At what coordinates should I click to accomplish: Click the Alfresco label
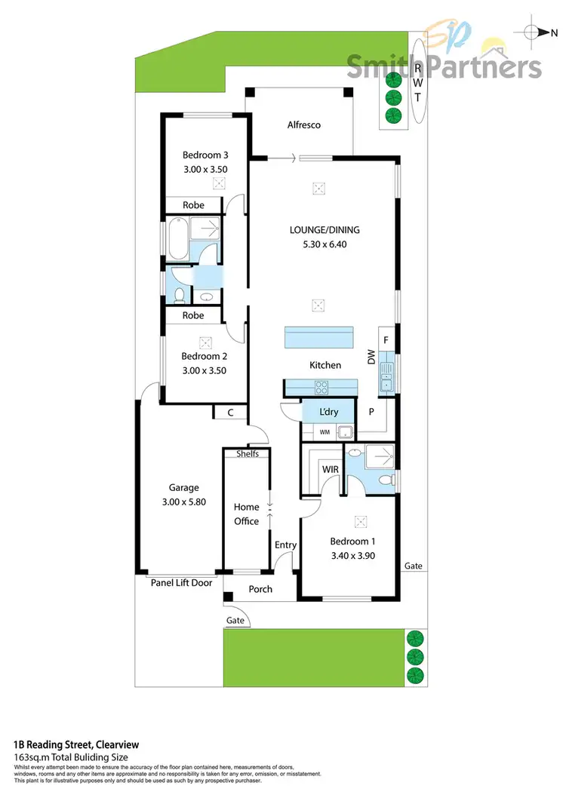coord(304,125)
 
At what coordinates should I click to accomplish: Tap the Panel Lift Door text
coord(181,582)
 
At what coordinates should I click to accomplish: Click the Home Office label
coord(246,514)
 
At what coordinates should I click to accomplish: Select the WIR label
coord(330,469)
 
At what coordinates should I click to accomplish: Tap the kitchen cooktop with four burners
coord(321,388)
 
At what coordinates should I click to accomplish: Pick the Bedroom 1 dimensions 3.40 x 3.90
coord(352,556)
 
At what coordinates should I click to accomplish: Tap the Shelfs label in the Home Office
coord(247,453)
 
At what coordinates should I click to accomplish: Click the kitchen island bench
coord(318,337)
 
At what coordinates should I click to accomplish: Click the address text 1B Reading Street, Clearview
coord(76,745)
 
